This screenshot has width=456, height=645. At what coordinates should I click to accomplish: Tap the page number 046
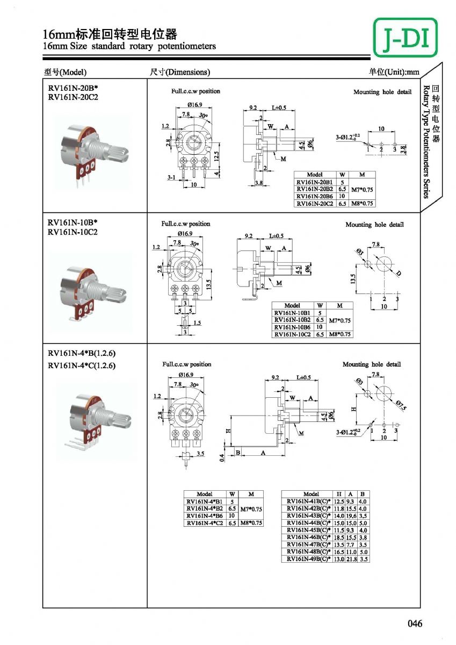[x=415, y=623]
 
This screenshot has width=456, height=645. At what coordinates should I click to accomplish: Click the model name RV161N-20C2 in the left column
[x=74, y=97]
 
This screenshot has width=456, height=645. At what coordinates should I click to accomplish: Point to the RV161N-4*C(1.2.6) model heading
[x=82, y=366]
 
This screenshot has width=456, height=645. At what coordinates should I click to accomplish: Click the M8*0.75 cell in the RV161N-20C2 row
[x=362, y=204]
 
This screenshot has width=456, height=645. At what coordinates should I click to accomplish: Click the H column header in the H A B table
[x=339, y=494]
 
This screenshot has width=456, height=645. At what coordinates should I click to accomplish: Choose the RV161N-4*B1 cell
[x=205, y=501]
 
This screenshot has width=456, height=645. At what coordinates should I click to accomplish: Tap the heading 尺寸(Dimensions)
[x=180, y=72]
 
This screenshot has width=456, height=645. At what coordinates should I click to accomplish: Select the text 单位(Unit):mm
[x=394, y=72]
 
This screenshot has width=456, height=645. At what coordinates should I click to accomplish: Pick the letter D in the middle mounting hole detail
[x=399, y=274]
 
